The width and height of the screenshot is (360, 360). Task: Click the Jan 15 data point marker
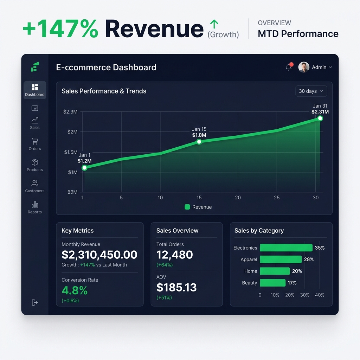coord(199,142)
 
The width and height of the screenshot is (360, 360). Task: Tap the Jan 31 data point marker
coord(320,118)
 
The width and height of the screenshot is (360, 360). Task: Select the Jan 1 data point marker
coord(84,168)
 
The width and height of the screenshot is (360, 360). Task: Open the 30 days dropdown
coord(311,91)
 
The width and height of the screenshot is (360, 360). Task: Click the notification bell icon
coord(289,67)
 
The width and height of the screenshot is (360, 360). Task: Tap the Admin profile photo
coord(303,67)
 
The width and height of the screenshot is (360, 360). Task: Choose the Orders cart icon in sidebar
coord(35,141)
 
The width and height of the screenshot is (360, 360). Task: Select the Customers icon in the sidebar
coord(35,183)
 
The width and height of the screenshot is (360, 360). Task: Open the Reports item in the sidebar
coord(35,207)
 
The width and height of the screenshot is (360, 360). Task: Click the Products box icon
coord(35,162)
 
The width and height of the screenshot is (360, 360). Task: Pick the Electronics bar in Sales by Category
coord(286,248)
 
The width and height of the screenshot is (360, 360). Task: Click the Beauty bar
coord(273,283)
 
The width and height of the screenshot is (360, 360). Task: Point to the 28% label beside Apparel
coord(309,259)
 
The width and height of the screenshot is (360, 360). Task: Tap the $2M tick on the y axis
coord(72,132)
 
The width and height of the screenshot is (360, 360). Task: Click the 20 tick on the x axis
coord(238,198)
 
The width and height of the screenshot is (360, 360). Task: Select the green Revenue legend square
coord(187,207)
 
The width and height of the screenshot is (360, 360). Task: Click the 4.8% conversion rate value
coord(75,290)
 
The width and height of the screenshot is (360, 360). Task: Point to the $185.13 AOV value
coord(176,288)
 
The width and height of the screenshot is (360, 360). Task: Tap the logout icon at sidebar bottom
coord(35,303)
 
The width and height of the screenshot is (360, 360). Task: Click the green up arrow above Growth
coord(214,24)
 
